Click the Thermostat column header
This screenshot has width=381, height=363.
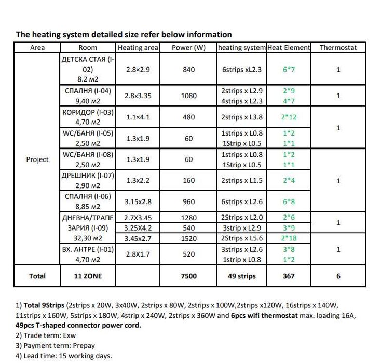(x=338, y=48)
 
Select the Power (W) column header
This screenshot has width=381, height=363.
(x=189, y=48)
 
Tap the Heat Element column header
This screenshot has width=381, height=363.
(x=289, y=48)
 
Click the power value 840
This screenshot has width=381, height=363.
(x=189, y=70)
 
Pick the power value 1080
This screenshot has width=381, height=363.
(x=189, y=96)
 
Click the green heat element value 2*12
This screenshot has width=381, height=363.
(x=289, y=117)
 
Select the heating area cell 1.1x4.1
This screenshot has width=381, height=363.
(x=138, y=117)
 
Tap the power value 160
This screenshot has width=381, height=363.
(x=189, y=181)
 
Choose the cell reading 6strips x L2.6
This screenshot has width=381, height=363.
(x=242, y=201)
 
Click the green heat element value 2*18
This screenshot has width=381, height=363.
(x=289, y=238)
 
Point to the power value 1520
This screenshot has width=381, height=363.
(x=189, y=238)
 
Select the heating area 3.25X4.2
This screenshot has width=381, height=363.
(x=138, y=228)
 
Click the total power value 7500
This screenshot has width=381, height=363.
(x=189, y=276)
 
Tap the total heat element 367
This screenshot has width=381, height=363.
(x=289, y=276)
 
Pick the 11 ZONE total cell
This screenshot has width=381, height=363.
(x=87, y=276)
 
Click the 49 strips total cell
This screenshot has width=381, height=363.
(x=242, y=276)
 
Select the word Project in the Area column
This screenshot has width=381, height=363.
(x=37, y=159)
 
